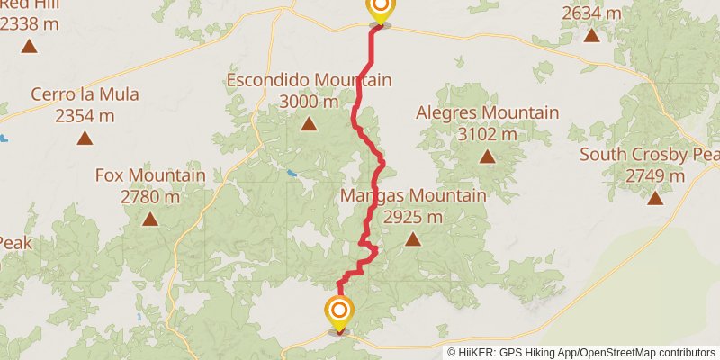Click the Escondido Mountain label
pos(309,80)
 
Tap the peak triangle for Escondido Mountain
pos(309,124)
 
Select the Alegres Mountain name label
pos(487,112)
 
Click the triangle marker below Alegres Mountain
pos(487,157)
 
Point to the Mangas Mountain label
pos(413,195)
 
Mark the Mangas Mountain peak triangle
pos(413,239)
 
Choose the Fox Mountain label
pos(150,175)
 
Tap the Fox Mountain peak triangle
pos(150,219)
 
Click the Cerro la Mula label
pos(85,94)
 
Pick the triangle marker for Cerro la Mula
pos(85,138)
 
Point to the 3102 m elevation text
pos(487,134)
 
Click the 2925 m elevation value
pos(413,217)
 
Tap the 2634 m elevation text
pos(591,13)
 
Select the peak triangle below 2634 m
pos(591,35)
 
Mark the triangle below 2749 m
pos(655,198)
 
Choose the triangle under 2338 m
pos(30,45)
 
